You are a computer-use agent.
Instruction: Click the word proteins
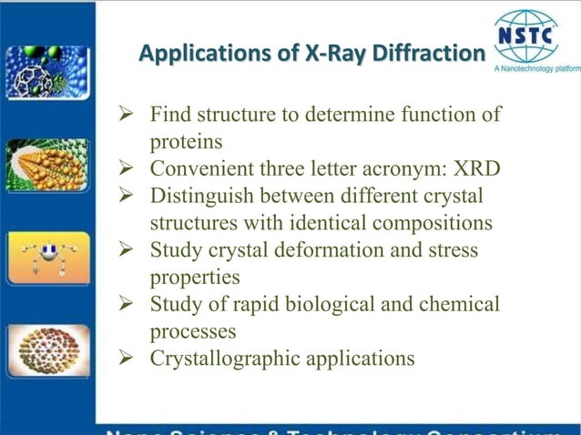[x=187, y=143]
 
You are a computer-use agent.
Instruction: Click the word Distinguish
[x=199, y=197]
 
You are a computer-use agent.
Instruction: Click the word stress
[x=452, y=250]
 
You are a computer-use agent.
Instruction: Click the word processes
[x=192, y=331]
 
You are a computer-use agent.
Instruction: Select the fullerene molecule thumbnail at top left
[x=47, y=70]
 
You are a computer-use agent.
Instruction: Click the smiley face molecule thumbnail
[x=47, y=257]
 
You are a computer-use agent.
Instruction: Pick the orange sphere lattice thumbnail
[x=47, y=165]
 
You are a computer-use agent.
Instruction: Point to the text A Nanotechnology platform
[x=536, y=69]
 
